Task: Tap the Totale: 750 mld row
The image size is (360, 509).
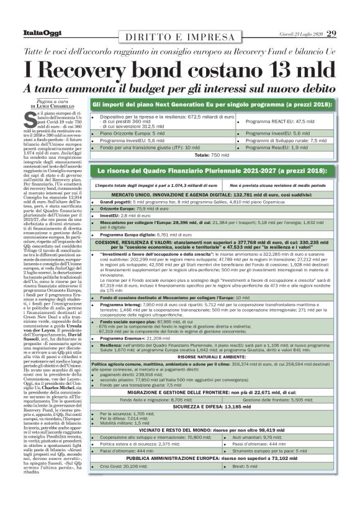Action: (x=212, y=154)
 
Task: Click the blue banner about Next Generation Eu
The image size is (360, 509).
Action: (x=213, y=102)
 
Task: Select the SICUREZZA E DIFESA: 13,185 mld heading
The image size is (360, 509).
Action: (x=212, y=405)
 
